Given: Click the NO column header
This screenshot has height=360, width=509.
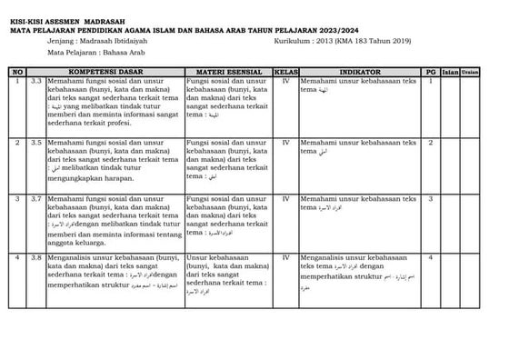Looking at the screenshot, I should click(17, 70).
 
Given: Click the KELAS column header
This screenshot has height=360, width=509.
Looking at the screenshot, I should click(286, 70).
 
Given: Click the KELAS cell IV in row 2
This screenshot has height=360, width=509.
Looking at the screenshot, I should click(286, 143).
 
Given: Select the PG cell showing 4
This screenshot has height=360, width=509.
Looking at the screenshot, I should click(430, 258).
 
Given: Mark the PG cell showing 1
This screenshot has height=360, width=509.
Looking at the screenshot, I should click(430, 80).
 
